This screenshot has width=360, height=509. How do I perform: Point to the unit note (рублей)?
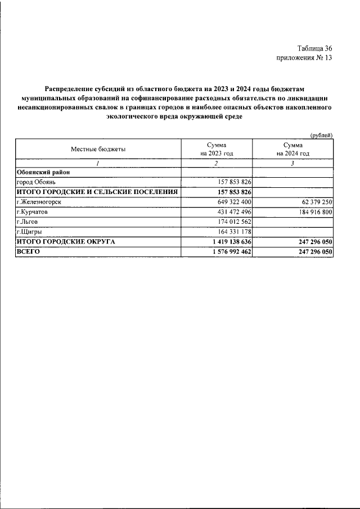tap(322, 135)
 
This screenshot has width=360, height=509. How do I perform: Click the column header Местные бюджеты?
tap(98, 149)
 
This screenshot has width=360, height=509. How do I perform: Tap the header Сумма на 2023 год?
tap(217, 149)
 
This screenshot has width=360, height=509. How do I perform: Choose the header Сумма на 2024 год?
tap(293, 149)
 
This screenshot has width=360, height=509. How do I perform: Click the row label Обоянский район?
tap(43, 173)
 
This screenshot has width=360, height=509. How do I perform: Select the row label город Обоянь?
tap(36, 182)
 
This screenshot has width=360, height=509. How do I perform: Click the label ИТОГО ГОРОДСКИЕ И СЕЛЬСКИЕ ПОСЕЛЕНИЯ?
tap(97, 192)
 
